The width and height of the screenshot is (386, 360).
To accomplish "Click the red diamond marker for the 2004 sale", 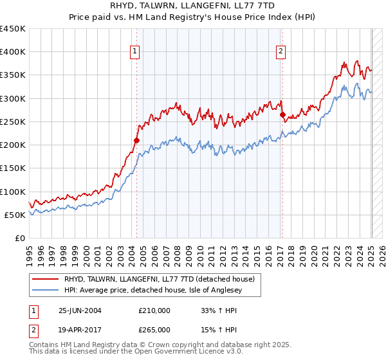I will click(x=136, y=139).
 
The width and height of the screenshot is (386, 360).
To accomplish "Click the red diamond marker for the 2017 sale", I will click(x=282, y=114).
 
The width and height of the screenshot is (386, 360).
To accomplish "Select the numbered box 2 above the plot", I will click(x=282, y=52).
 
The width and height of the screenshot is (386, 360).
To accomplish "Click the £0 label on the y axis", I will click(x=20, y=238).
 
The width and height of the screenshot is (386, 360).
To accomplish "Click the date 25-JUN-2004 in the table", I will click(x=80, y=310).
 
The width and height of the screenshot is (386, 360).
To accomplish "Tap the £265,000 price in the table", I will click(x=154, y=329).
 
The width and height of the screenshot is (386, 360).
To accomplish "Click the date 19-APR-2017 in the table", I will click(x=80, y=329).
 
